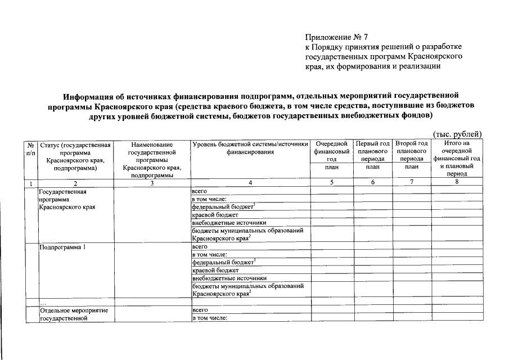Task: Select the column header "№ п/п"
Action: [30, 149]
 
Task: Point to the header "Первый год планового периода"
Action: [373, 152]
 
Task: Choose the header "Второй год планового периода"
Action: [412, 152]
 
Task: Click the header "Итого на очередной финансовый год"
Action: [457, 152]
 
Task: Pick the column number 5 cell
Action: [332, 182]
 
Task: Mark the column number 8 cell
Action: [457, 182]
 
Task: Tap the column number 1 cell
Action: [30, 183]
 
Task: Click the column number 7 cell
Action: [412, 182]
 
